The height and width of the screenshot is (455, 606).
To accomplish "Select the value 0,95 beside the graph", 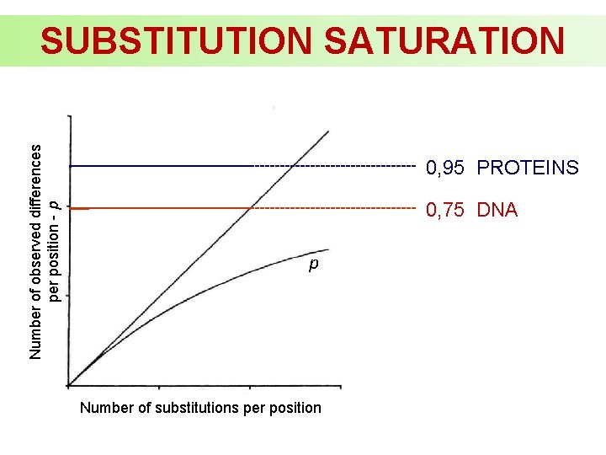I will click(x=446, y=169).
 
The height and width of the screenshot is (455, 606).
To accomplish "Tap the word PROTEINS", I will click(x=528, y=169).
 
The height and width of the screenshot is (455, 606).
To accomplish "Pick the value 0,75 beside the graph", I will click(x=446, y=210).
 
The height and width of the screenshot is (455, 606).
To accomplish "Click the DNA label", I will click(x=497, y=210).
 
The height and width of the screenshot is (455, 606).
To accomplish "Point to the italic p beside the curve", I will click(x=312, y=265).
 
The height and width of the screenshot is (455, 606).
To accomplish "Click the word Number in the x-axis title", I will click(x=105, y=408).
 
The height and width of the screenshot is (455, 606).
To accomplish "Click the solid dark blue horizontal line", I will click(x=160, y=166).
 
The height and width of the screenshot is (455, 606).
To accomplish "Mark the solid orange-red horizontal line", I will click(x=160, y=207).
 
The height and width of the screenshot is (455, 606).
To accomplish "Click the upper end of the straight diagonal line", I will click(x=327, y=131).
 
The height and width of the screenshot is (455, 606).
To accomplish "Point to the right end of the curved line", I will click(x=328, y=249).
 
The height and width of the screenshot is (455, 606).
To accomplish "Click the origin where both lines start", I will click(x=70, y=385).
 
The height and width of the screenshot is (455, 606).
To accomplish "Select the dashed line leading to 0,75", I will click(x=337, y=207).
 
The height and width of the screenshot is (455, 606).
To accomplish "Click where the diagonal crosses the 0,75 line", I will click(x=250, y=207).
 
